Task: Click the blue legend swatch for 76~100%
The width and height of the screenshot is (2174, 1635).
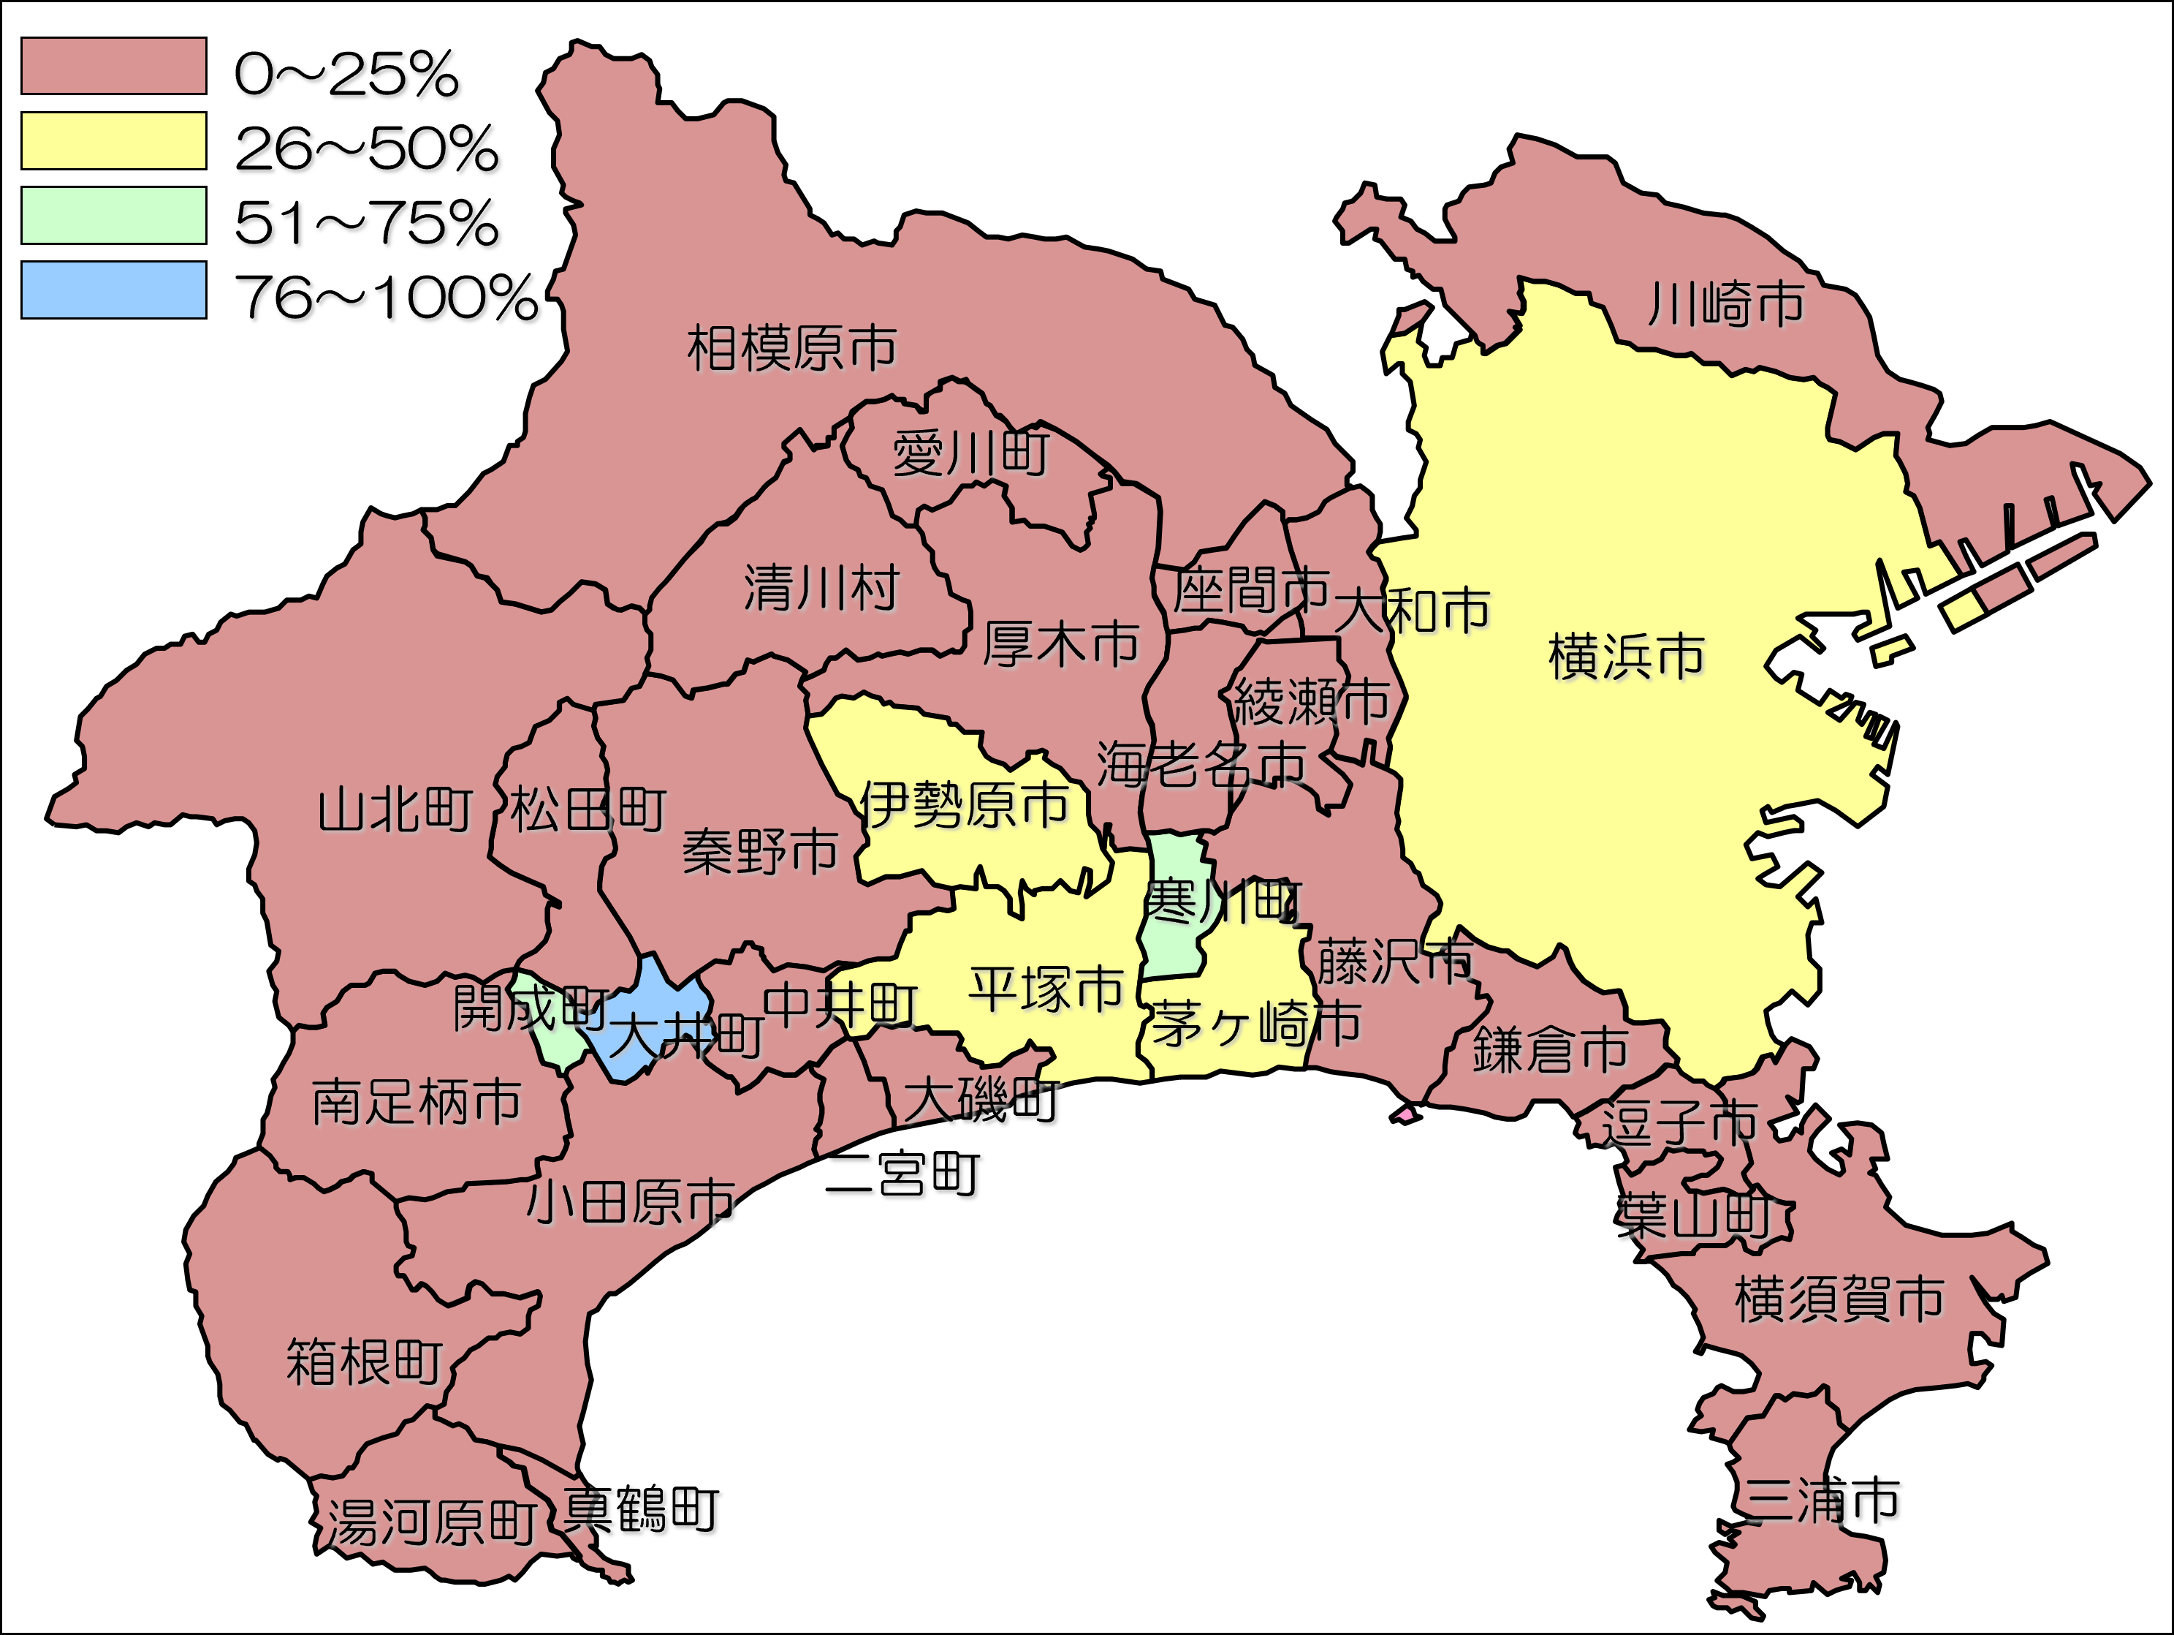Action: click(x=114, y=290)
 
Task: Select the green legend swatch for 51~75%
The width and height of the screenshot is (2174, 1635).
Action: click(x=114, y=215)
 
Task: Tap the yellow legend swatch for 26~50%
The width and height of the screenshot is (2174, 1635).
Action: click(x=114, y=140)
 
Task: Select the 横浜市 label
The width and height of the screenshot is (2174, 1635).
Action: click(x=1627, y=656)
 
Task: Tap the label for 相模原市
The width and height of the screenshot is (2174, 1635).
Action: click(x=792, y=349)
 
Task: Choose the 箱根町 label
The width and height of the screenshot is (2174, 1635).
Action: click(x=365, y=1363)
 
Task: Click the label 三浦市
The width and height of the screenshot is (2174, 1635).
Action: click(x=1824, y=1501)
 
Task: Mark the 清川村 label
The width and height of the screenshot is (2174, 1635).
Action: click(x=821, y=589)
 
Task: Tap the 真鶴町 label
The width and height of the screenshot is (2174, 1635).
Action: click(x=643, y=1510)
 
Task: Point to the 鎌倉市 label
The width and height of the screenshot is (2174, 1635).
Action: click(x=1551, y=1049)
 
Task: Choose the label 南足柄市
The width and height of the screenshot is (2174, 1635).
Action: click(x=417, y=1102)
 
